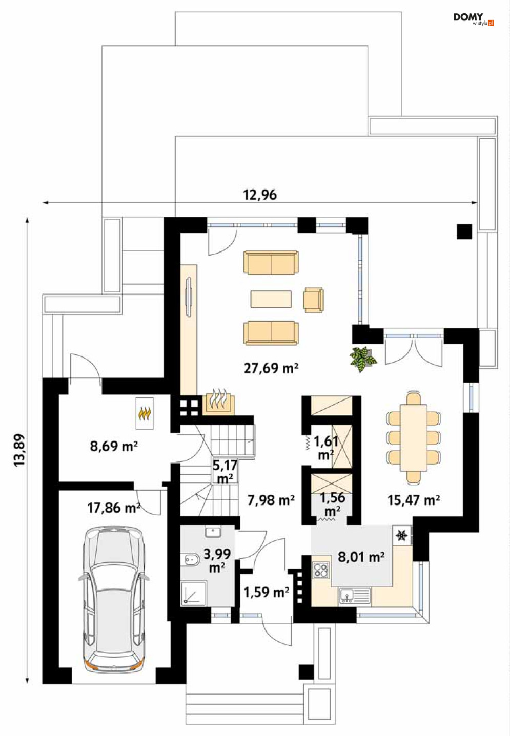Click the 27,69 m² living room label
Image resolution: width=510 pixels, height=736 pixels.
click(x=271, y=368)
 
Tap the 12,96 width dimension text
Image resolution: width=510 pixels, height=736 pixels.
click(x=260, y=195)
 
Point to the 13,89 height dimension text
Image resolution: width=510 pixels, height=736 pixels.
click(x=19, y=450)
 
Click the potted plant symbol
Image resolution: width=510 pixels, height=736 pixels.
click(x=363, y=359)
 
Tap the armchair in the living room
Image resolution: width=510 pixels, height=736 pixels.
click(x=313, y=300)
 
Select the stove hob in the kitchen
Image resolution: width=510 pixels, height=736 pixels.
click(x=321, y=570)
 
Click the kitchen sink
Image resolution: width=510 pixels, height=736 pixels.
click(x=355, y=596)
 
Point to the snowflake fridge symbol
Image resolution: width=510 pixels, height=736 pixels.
click(x=401, y=536)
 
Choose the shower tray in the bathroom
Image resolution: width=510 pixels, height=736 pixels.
click(x=193, y=593)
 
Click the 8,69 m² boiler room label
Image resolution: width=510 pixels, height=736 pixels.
click(x=114, y=447)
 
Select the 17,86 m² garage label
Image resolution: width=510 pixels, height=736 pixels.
click(x=114, y=508)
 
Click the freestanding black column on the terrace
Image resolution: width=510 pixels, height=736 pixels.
click(x=464, y=232)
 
